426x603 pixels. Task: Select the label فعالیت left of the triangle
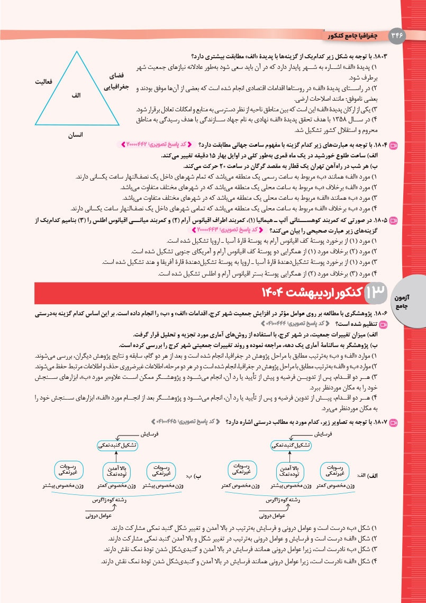pos(46,82)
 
